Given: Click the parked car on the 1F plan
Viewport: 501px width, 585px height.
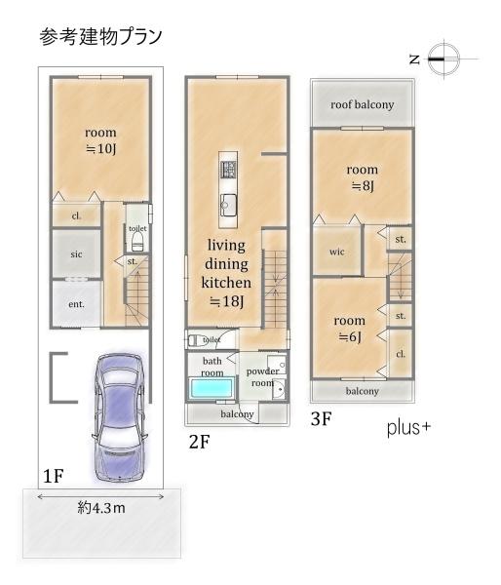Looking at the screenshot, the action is pos(119,416).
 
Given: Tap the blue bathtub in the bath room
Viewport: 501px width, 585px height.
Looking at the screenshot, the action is pos(212,388).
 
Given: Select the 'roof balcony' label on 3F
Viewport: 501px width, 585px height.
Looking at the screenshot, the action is pos(363,105).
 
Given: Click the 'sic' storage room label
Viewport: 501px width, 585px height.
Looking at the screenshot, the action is pos(76,254).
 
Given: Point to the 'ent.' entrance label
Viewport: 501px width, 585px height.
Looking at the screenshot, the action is pos(76,304).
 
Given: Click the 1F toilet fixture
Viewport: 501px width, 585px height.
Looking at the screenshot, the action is pos(137,241).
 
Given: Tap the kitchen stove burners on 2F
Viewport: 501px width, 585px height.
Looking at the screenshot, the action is pos(228,169).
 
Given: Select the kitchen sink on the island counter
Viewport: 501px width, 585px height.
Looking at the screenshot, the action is pos(228,205).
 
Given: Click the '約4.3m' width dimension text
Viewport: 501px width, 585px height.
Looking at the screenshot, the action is pos(101,508).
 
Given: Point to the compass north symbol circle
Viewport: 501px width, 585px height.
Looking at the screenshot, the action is pos(443,58).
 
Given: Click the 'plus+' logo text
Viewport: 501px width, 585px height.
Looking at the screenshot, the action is pos(408,428).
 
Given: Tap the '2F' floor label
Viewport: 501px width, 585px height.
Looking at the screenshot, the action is pos(200,442).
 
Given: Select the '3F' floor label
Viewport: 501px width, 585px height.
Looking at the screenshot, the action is pos(322,419).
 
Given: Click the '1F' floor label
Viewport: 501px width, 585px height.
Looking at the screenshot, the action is pos(54,476).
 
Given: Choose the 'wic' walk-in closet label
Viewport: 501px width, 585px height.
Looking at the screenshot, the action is pos(336,252).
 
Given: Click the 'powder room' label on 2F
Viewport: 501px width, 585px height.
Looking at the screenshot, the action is pos(262,377).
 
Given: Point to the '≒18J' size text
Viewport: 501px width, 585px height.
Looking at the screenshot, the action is pos(226,301).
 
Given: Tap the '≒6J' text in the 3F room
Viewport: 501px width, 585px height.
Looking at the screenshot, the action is pos(350,337).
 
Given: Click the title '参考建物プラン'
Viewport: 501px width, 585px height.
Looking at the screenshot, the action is pos(100,37).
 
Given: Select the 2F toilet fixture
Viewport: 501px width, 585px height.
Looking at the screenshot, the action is pos(197,340).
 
